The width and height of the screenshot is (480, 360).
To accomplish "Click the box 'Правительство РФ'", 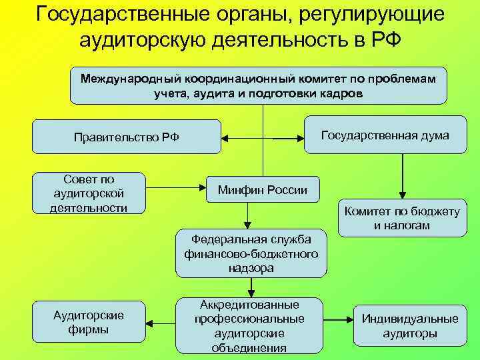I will [127, 137].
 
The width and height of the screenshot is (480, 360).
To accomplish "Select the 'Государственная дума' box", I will [385, 135].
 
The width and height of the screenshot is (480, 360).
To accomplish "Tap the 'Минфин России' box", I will [263, 191].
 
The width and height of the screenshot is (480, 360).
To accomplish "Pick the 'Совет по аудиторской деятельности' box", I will [89, 193].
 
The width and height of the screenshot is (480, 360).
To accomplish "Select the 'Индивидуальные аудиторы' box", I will [410, 325].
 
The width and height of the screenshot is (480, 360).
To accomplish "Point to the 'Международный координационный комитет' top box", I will [259, 85].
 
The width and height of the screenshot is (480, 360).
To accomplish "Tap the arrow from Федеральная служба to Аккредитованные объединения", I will [251, 287].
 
